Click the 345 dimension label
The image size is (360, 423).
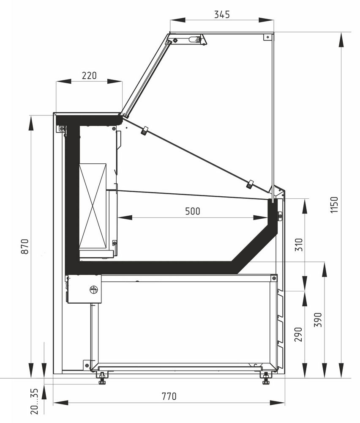point(222,14)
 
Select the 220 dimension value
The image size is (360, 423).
point(89,76)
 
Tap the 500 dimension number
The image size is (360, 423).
point(193,211)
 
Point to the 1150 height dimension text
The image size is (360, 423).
point(334,204)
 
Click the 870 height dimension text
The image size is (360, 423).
point(25,246)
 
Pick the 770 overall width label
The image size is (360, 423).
point(169,396)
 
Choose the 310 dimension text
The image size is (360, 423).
point(299,244)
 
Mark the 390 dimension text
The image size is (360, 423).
point(318,320)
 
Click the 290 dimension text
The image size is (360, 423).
point(298,335)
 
